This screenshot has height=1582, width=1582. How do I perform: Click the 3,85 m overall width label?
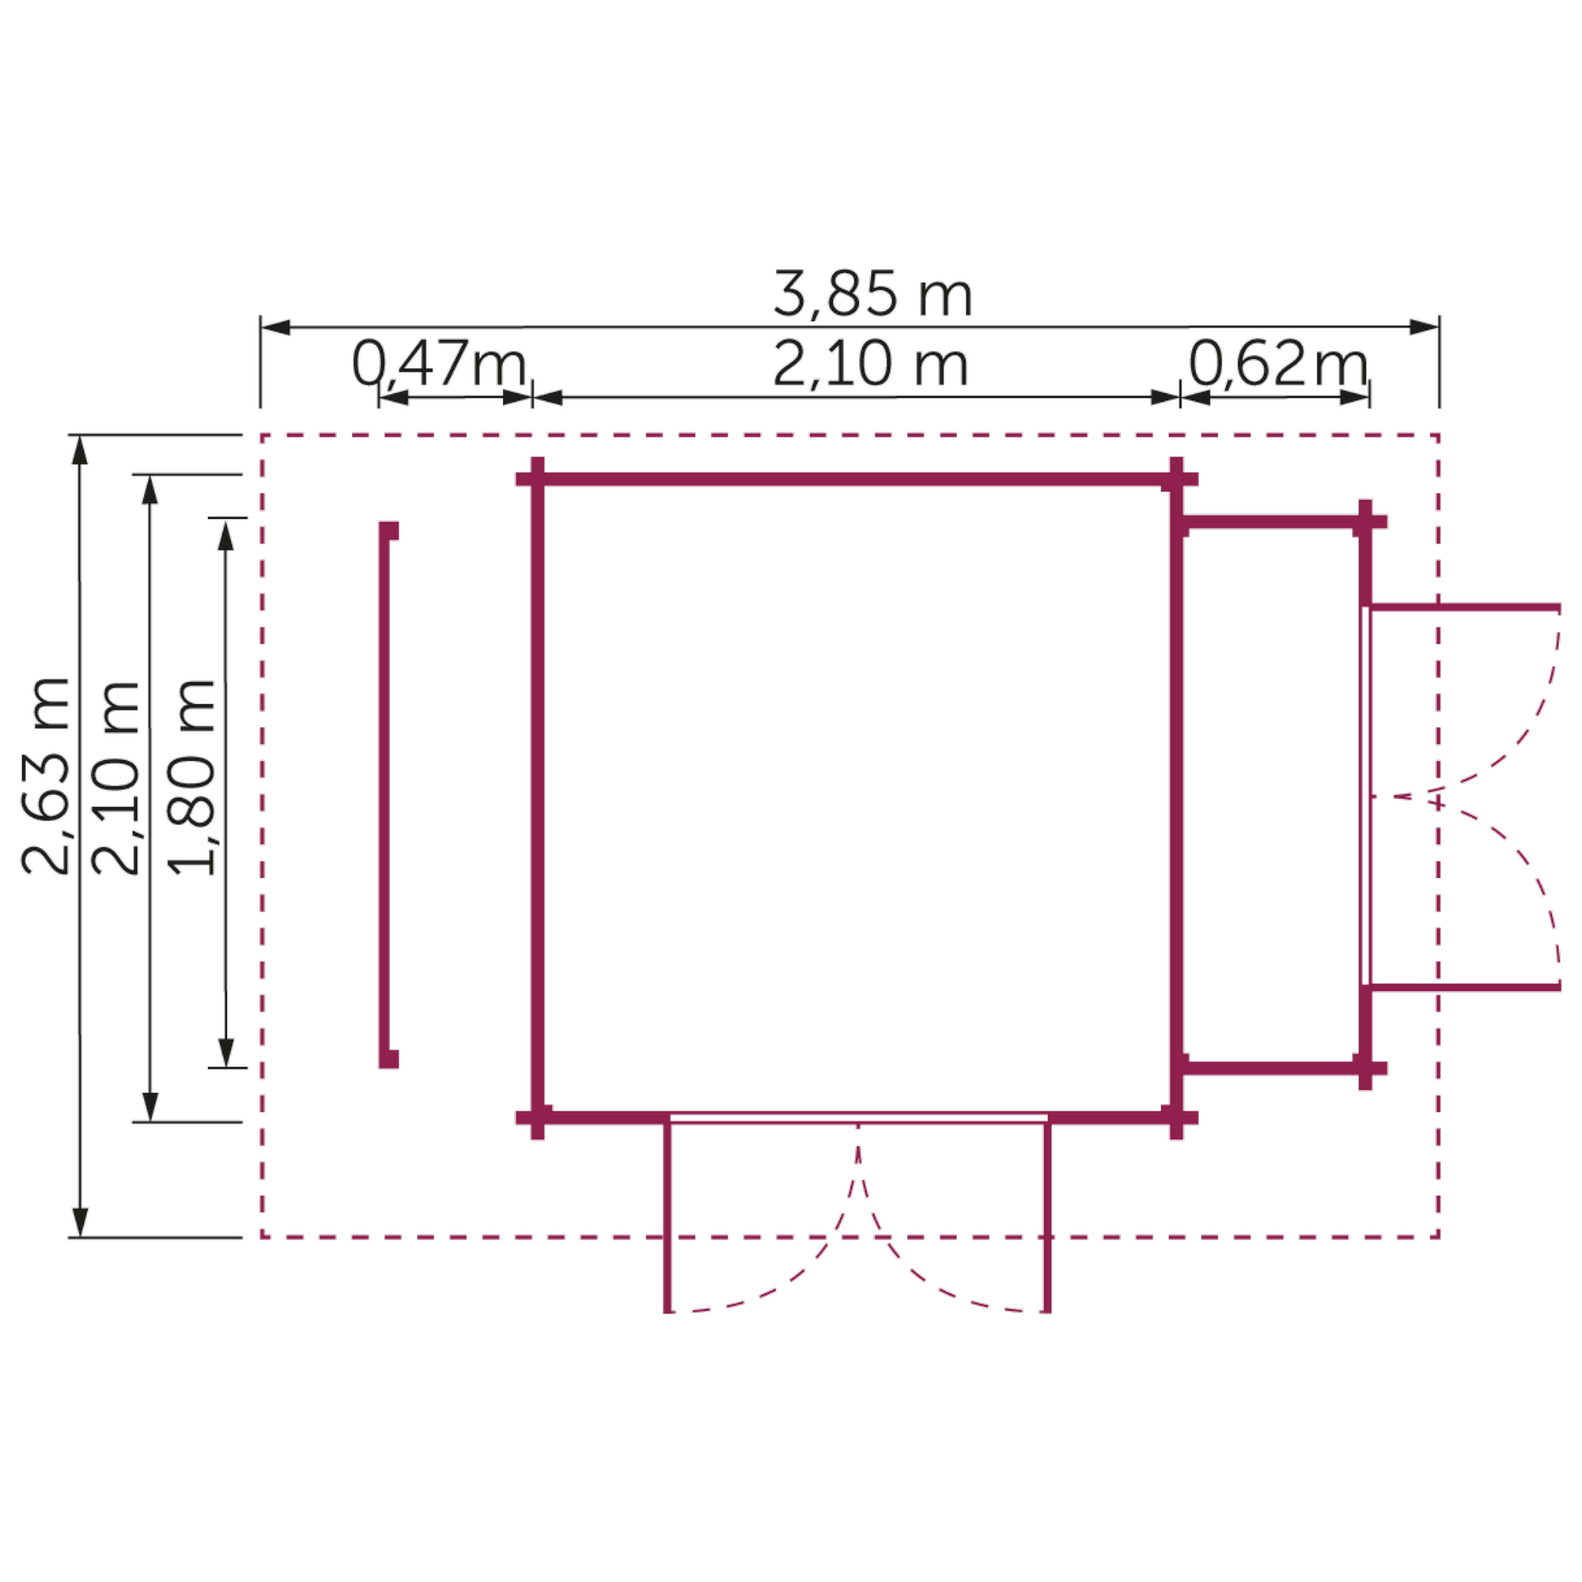[x=873, y=294]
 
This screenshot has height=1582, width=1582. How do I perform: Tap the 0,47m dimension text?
[x=440, y=364]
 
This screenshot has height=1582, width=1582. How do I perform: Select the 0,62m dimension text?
[x=1278, y=364]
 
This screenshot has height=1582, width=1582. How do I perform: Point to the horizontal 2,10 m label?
[x=870, y=365]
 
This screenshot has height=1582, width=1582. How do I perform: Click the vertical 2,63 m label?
[x=46, y=775]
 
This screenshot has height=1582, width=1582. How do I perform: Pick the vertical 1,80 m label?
[x=191, y=776]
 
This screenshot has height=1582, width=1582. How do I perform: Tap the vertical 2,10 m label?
[x=115, y=777]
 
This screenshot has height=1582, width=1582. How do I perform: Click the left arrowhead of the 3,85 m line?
[x=276, y=327]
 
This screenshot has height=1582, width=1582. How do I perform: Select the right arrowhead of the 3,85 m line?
[x=1424, y=327]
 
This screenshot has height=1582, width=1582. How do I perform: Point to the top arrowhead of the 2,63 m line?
[x=79, y=450]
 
